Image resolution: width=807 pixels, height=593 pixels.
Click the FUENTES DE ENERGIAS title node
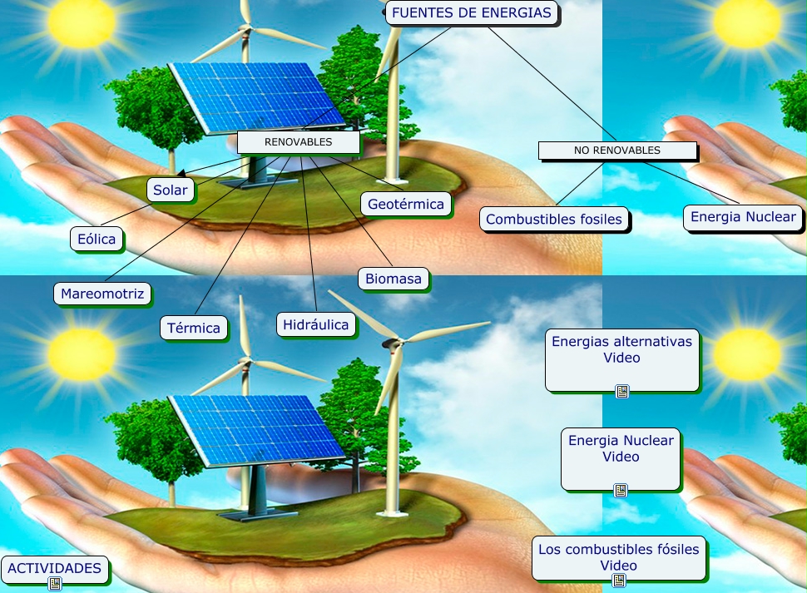[472, 13]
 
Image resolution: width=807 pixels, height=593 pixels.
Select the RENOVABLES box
[298, 142]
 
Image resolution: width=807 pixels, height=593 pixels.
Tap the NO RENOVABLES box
[616, 151]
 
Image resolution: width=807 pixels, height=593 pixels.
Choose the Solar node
[170, 190]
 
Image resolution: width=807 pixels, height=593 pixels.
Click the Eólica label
[96, 240]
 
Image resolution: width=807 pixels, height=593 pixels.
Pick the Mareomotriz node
[102, 294]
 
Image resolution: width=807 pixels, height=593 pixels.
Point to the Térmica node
[194, 328]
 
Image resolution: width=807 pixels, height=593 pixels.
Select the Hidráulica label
[315, 324]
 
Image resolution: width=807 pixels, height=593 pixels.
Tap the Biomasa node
[394, 279]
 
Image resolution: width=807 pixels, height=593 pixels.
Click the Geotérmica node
[406, 204]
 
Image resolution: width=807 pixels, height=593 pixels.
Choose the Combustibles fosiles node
[554, 220]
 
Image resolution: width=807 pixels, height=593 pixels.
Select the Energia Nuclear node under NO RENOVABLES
[744, 218]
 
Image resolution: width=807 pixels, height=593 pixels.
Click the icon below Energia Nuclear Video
[620, 491]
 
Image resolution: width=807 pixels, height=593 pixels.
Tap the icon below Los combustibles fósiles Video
[618, 581]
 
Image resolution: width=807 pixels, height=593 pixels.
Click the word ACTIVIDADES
[55, 569]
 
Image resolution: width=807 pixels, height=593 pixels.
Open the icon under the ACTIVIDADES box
[55, 584]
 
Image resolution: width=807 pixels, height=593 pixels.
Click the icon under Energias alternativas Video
[621, 392]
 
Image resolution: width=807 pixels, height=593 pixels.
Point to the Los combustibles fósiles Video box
[620, 557]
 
